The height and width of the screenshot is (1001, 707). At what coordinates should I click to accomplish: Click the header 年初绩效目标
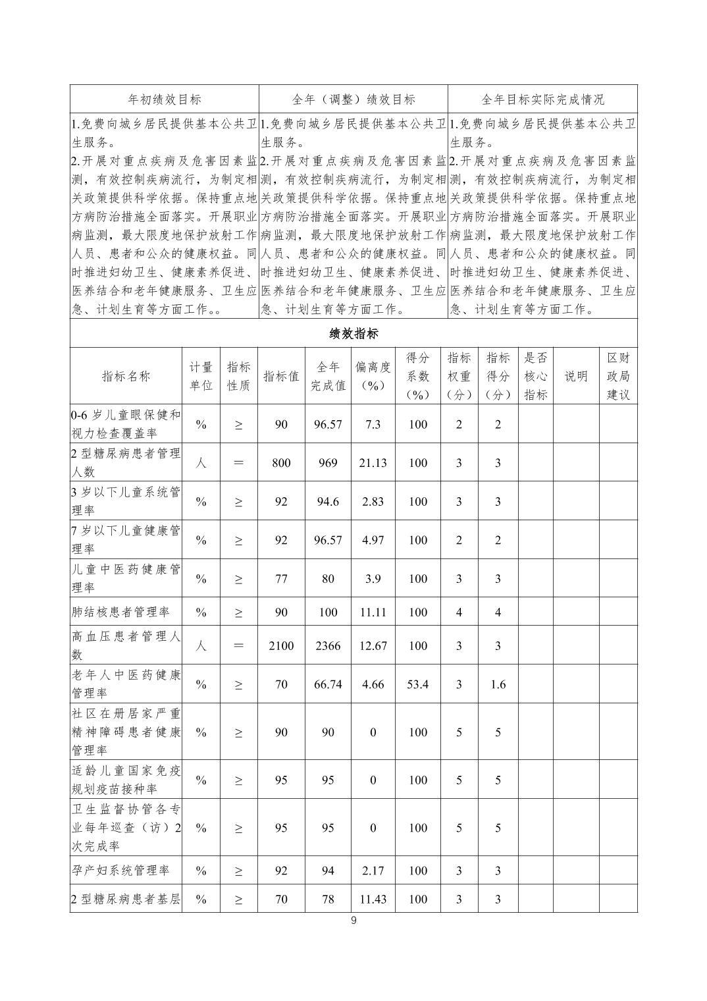(x=165, y=99)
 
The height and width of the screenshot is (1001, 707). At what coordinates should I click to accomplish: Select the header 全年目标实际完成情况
(x=542, y=99)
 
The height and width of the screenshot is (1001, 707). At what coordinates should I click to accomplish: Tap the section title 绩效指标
(x=353, y=334)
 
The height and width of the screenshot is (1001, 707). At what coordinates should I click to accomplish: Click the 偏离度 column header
(x=373, y=376)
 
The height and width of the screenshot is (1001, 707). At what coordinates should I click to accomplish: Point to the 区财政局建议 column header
(x=617, y=376)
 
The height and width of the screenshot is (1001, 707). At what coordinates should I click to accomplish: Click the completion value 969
(x=328, y=463)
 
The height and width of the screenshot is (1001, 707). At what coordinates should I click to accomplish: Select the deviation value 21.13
(x=373, y=463)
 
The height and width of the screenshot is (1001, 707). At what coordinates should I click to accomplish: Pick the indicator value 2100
(x=281, y=645)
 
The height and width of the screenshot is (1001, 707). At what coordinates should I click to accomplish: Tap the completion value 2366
(x=328, y=645)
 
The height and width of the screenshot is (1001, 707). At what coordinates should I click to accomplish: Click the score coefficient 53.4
(x=418, y=684)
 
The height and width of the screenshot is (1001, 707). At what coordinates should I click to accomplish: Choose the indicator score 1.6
(x=498, y=684)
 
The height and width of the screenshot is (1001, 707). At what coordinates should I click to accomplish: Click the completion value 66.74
(x=328, y=684)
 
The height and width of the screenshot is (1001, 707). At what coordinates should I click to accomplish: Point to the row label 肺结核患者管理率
(x=120, y=612)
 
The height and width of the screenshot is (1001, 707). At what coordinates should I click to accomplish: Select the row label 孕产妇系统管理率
(x=120, y=871)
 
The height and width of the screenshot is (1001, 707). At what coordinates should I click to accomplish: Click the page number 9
(x=353, y=921)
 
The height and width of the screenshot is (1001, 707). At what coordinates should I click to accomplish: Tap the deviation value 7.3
(x=373, y=425)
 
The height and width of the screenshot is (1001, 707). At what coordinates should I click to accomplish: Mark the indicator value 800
(x=281, y=463)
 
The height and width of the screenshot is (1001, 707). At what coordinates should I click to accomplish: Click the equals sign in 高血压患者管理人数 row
(x=238, y=645)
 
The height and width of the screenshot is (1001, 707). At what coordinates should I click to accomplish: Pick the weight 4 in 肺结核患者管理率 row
(x=459, y=612)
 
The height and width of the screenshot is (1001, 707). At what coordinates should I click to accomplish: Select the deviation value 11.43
(x=373, y=899)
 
